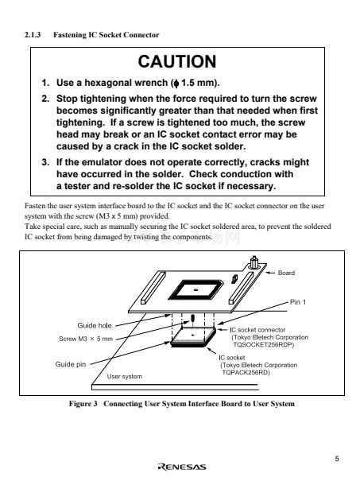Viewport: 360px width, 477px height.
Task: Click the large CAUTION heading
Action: (177, 62)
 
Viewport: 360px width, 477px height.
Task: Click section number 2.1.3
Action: (33, 35)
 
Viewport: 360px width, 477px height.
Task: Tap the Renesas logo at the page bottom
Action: (182, 467)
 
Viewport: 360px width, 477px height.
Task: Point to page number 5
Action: (337, 459)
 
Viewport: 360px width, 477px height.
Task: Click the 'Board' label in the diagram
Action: (286, 273)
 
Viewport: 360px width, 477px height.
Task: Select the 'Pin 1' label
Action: (298, 302)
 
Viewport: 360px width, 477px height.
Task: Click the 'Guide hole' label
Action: (95, 325)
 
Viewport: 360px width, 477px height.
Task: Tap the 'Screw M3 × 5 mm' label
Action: (86, 339)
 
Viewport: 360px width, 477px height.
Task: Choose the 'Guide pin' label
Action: (71, 364)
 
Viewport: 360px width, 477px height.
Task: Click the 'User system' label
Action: (124, 377)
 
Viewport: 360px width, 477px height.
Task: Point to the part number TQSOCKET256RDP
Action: (263, 345)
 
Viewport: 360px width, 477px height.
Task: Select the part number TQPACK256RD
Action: (246, 373)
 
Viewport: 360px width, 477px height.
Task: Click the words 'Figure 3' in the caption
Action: (83, 404)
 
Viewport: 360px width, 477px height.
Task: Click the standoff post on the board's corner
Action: (254, 263)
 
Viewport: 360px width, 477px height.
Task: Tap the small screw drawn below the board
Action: (193, 319)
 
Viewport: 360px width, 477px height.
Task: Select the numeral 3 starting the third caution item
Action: (45, 162)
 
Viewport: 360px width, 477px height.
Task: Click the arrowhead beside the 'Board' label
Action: (269, 273)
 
